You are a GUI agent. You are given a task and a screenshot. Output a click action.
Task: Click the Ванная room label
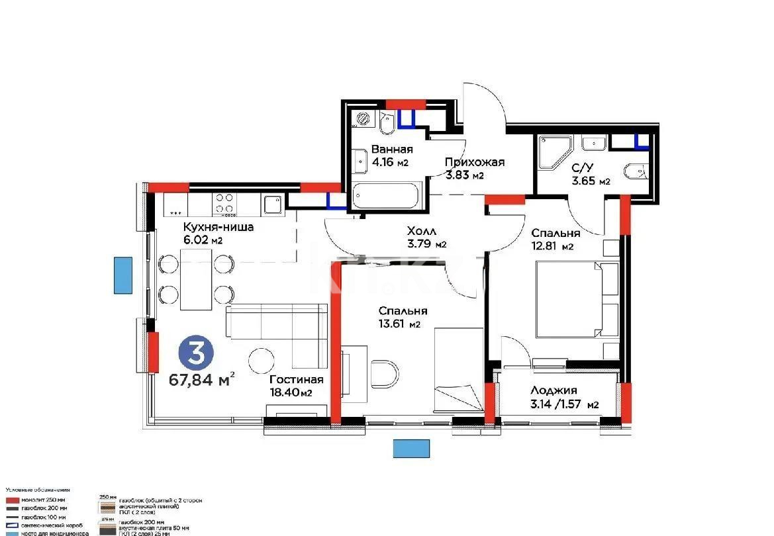[x=392, y=149]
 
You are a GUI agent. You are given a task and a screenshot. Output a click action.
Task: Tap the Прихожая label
[x=474, y=162]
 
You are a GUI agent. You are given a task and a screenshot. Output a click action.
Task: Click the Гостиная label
[x=296, y=379]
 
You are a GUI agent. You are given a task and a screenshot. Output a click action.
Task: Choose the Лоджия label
[x=554, y=390]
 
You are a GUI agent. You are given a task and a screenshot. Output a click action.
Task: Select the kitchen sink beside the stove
[x=272, y=204]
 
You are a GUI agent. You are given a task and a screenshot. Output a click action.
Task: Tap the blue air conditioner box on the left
[x=122, y=275]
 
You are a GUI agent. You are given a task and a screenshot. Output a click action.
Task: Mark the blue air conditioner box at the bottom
[x=411, y=448]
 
